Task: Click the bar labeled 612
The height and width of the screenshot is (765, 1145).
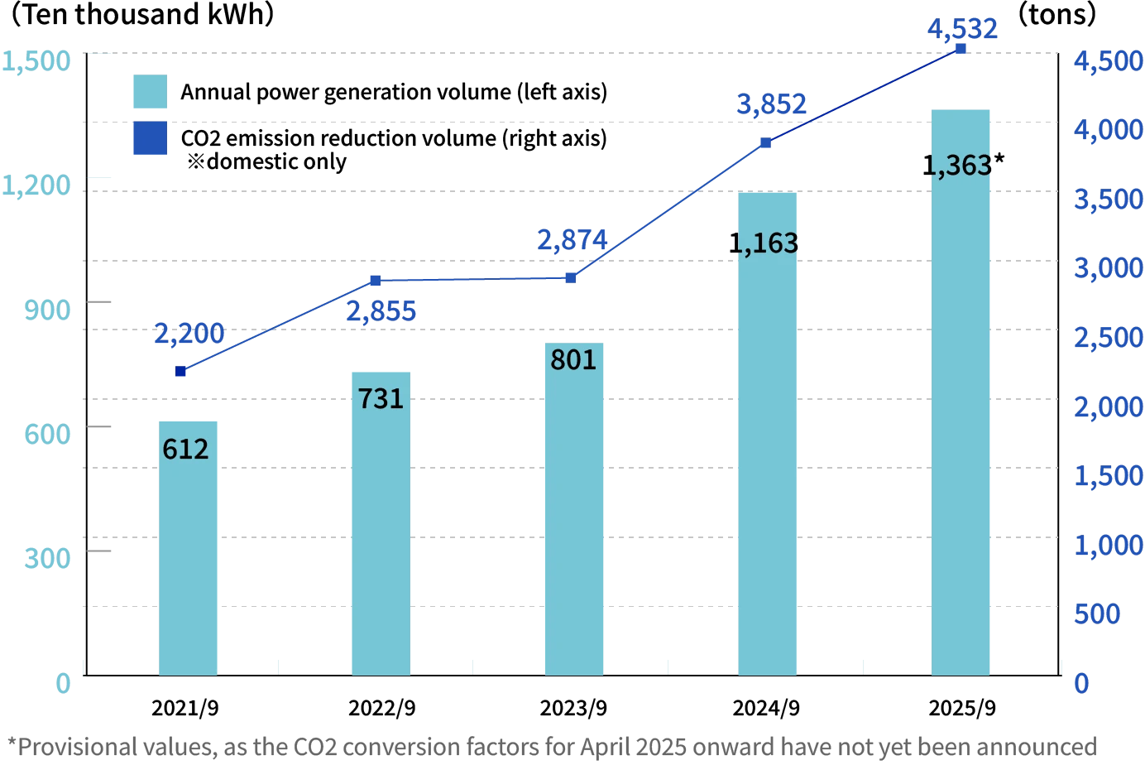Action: pos(189,546)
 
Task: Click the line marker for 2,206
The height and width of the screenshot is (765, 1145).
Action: pos(181,371)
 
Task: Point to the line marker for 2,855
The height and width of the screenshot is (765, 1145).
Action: pos(374,281)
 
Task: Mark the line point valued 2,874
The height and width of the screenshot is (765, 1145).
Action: pos(570,278)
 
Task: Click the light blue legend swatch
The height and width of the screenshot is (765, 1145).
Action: pos(151,92)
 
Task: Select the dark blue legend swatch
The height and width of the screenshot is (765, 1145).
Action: pos(151,139)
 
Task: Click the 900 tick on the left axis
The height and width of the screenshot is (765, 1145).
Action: pos(46,310)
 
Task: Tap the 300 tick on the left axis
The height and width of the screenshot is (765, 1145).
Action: pos(46,557)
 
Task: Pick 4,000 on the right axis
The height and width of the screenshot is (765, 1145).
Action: pos(1107,130)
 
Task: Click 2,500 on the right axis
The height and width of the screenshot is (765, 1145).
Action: pos(1107,338)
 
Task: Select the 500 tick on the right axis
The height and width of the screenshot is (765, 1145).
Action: pos(1097,614)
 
